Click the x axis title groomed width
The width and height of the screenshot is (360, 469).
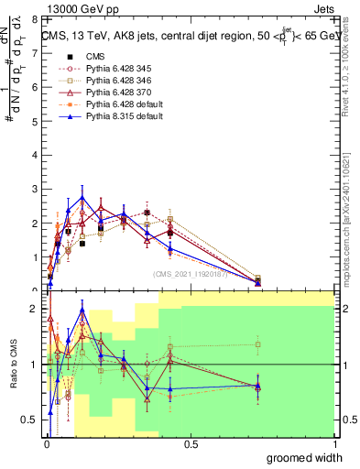(x=305, y=457)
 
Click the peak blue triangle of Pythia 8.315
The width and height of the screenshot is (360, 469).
(x=82, y=197)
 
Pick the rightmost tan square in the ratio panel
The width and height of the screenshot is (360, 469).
(x=258, y=344)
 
